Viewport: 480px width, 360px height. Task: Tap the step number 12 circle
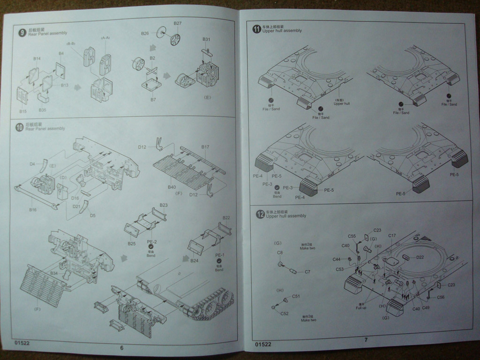pyautogui.click(x=260, y=214)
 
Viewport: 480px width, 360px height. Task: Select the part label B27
pyautogui.click(x=178, y=23)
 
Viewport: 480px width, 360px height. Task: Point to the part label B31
pyautogui.click(x=206, y=39)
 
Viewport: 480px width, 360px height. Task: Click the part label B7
pyautogui.click(x=153, y=100)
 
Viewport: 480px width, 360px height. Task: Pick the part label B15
pyautogui.click(x=23, y=111)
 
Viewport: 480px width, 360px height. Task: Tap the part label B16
pyautogui.click(x=33, y=210)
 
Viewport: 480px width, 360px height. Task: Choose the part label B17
pyautogui.click(x=205, y=147)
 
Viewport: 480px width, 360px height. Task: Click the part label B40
pyautogui.click(x=172, y=187)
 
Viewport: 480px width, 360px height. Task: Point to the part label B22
pyautogui.click(x=226, y=217)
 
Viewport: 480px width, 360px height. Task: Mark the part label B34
pyautogui.click(x=54, y=273)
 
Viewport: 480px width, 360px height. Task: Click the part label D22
pyautogui.click(x=420, y=257)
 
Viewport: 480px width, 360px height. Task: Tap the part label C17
pyautogui.click(x=392, y=235)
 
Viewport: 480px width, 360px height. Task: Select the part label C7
pyautogui.click(x=307, y=272)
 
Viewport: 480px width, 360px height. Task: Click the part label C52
pyautogui.click(x=285, y=314)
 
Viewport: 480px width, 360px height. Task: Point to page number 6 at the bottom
pyautogui.click(x=121, y=347)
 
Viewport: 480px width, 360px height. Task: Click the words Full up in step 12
pyautogui.click(x=361, y=307)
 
